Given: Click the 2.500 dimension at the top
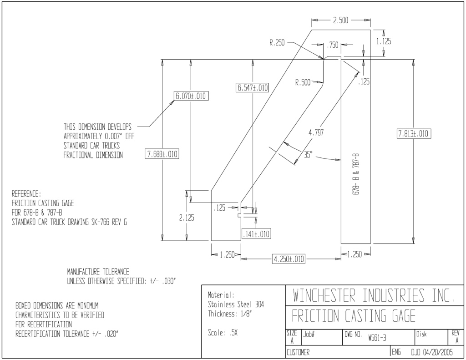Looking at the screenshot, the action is [340, 20].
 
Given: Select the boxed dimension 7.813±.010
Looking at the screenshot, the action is [414, 133].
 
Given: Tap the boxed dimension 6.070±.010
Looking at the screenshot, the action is [191, 96].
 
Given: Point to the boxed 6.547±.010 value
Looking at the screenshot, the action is [252, 87].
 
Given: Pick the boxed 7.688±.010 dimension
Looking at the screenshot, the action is [162, 154].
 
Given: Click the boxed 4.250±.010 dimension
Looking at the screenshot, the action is [289, 259].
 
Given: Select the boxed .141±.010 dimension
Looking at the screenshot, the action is [256, 234].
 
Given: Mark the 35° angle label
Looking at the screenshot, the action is [308, 155].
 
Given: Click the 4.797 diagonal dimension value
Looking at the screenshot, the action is [316, 132].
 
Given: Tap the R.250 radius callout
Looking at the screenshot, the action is [277, 43].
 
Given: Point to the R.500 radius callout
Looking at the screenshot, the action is [303, 83].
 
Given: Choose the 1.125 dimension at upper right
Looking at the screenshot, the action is [384, 41].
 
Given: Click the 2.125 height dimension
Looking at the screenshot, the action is [187, 218].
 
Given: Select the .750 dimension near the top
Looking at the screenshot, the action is [333, 45].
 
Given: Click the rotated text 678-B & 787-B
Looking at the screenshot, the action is [356, 174].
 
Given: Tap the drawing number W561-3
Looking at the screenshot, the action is [377, 338].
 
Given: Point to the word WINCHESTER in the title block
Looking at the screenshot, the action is [324, 295].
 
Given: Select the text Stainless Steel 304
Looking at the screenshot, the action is [236, 304].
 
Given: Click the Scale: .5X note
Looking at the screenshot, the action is [223, 333].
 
